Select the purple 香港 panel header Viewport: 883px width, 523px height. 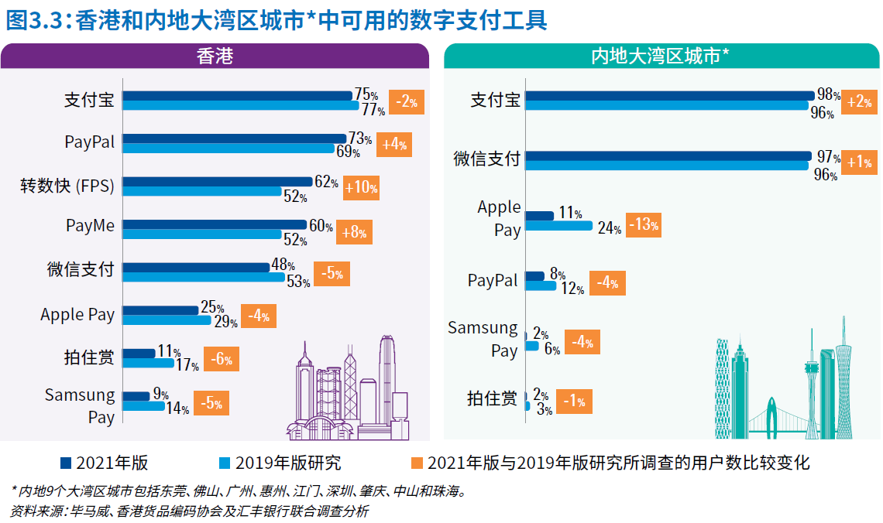(214, 56)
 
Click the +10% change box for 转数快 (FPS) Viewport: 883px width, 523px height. (362, 188)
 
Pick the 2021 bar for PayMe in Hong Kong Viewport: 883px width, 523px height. (215, 224)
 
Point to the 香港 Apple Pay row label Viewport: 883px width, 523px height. (77, 315)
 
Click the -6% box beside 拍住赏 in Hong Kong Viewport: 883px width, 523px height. (222, 359)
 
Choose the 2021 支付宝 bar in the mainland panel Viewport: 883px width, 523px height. (670, 95)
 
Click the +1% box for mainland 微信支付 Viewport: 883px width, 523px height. (859, 162)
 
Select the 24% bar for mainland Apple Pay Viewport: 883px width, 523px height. (558, 226)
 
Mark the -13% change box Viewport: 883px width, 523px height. (644, 226)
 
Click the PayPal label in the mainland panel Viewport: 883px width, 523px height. (493, 281)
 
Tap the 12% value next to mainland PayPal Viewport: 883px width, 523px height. (572, 289)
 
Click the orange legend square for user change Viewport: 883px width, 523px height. (417, 463)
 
